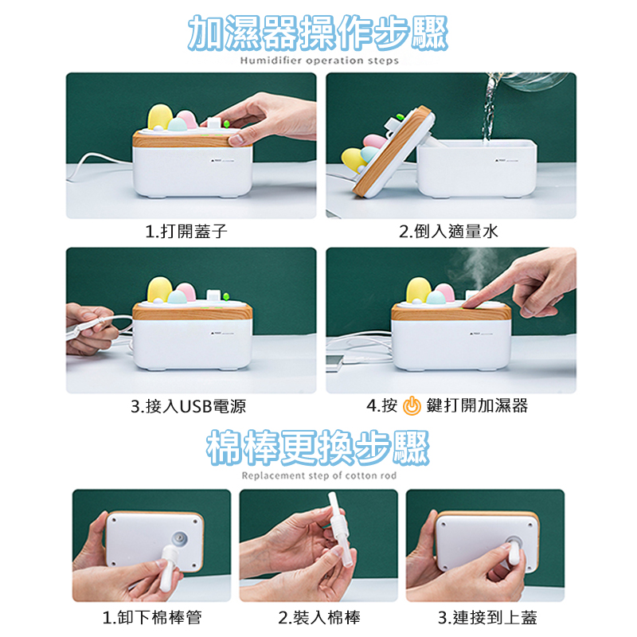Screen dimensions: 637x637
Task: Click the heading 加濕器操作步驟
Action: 318,33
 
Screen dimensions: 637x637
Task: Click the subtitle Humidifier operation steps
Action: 319,61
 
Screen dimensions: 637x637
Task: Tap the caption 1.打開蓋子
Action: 186,231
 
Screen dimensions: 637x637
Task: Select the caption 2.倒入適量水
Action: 448,231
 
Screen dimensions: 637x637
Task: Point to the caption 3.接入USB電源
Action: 188,406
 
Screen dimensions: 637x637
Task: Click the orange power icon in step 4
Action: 412,405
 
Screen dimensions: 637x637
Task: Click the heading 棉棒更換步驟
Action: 318,447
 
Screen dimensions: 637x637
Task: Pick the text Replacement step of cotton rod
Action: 319,475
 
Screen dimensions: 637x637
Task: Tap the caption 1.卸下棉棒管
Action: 152,618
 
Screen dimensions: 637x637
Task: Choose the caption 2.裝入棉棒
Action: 319,618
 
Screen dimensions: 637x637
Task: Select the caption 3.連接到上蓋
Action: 487,618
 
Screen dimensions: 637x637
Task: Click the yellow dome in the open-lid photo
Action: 354,160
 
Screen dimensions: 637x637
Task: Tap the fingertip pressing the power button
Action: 471,303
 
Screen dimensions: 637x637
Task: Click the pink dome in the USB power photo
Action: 186,291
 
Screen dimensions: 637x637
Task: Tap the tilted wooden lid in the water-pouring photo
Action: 393,151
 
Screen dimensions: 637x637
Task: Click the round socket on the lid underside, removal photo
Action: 181,539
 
